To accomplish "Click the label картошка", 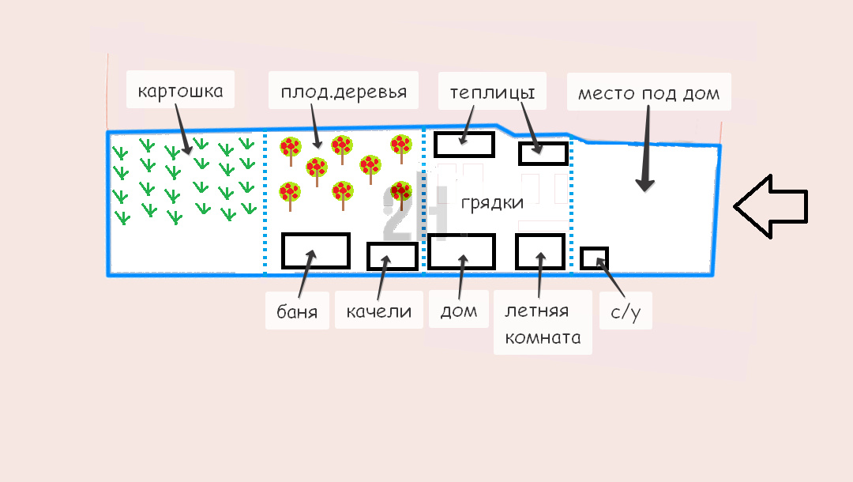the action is pos(180,90).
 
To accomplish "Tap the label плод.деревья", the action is pos(344,92).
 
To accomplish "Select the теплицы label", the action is pos(492,92).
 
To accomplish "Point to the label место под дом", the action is pos(648,93).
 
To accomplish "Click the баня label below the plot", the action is pos(297,311).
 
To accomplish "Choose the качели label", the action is pos(378,311).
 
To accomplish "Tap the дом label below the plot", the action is pos(459,311).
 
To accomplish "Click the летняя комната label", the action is pos(543,324).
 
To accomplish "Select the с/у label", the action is pos(626,312).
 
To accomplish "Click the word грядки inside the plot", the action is pos(492,202).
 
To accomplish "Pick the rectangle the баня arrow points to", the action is pos(315,250).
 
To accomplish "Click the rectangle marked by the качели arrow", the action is pos(393,256).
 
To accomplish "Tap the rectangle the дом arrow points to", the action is pos(461,251).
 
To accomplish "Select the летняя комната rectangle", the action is pos(540,251).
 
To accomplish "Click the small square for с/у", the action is pos(594,258).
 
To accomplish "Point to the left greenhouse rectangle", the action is pos(464,145).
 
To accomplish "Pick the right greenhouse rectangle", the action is pos(543,153).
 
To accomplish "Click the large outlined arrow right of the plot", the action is pos(770,206).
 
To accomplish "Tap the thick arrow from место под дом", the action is pos(646,148).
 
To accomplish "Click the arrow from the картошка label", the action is pos(184,129).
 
